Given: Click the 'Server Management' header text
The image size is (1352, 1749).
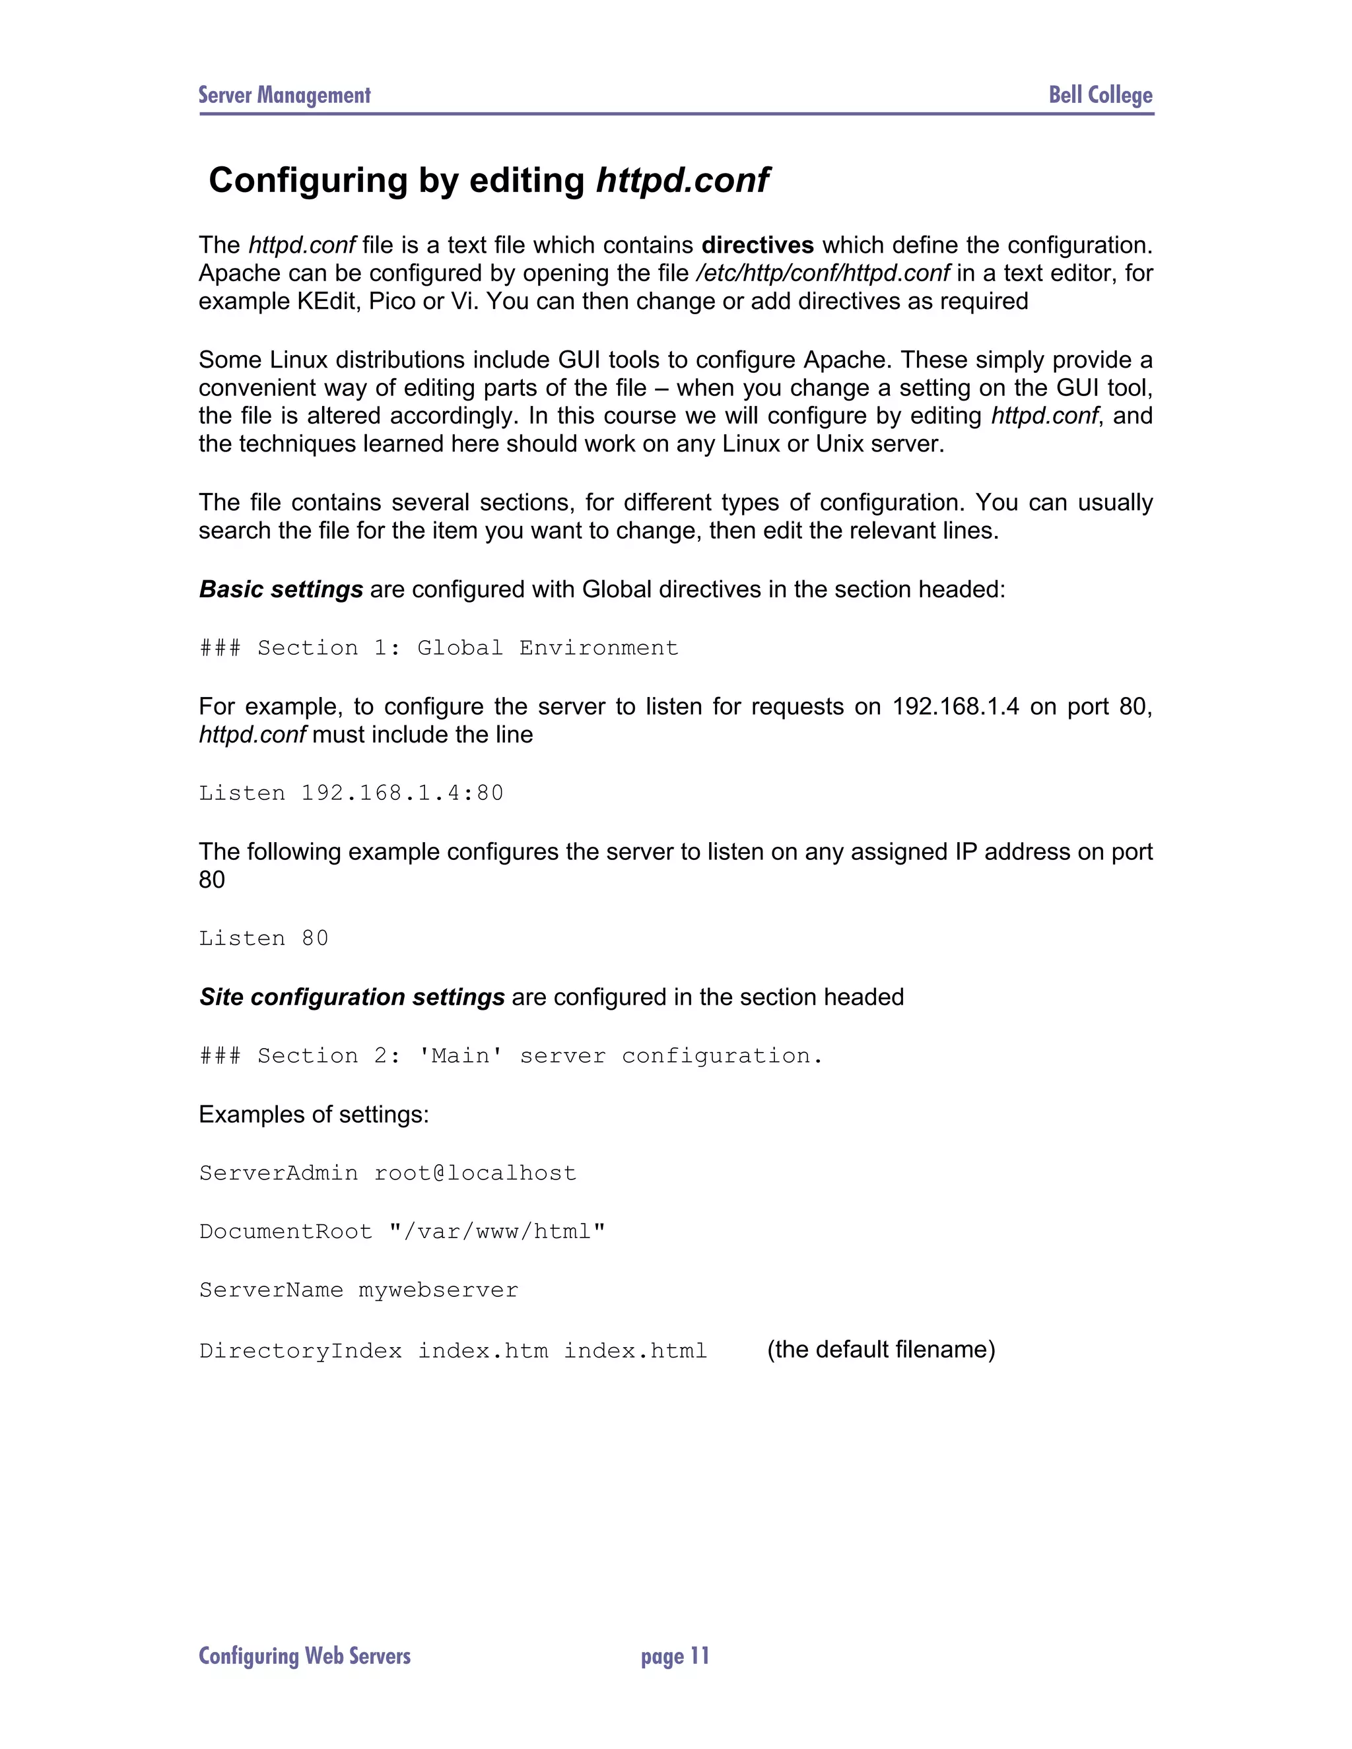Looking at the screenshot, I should (285, 95).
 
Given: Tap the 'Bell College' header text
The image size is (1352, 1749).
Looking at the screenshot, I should (1100, 95).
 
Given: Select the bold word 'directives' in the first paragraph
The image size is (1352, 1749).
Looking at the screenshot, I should (758, 245).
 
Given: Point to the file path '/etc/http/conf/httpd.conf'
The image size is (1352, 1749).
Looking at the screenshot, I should (823, 273).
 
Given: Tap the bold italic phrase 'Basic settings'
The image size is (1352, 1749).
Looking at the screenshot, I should (281, 589).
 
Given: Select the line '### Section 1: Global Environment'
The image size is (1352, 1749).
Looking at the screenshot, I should (439, 648).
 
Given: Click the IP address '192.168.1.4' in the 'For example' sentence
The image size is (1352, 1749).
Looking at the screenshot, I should (955, 706).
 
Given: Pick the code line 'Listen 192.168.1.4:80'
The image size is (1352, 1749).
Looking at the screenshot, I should (351, 793).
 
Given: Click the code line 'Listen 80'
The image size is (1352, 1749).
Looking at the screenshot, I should (263, 938).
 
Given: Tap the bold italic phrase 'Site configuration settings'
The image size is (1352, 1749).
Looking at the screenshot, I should (352, 997).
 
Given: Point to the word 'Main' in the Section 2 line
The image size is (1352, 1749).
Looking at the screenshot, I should (461, 1055).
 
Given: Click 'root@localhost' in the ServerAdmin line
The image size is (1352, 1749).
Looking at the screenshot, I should (475, 1173).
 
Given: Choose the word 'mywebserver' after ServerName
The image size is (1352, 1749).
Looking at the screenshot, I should (438, 1290).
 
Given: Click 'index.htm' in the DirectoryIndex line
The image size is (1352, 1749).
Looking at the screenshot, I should (483, 1351).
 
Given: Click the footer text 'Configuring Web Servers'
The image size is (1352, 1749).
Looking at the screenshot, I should (304, 1656).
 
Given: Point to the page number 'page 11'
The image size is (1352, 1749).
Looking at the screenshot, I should (675, 1656).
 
